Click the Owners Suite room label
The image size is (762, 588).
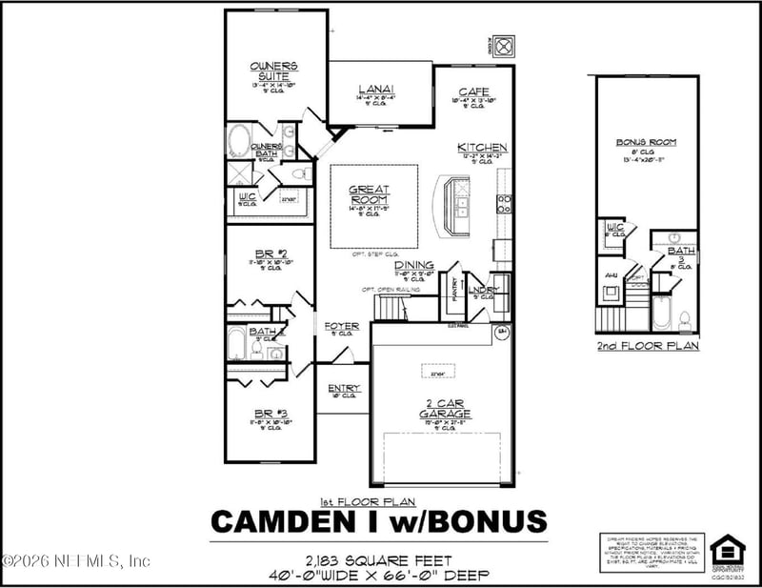tap(274, 71)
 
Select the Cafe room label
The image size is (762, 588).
tap(473, 91)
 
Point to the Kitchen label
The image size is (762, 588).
tap(482, 148)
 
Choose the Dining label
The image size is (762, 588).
tap(414, 265)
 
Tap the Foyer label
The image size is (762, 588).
tap(341, 326)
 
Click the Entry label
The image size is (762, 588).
tap(343, 388)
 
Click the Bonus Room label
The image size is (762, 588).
tap(646, 142)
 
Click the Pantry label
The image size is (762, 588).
tap(454, 289)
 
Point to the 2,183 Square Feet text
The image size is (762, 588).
tap(378, 560)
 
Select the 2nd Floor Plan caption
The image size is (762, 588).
tap(647, 346)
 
